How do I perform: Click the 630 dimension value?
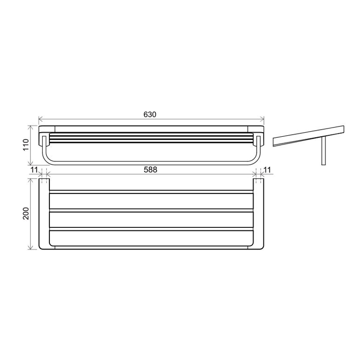[x=150, y=114]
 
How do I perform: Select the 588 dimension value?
[x=150, y=170]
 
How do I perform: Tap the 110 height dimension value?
[x=26, y=145]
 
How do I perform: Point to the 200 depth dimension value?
[x=26, y=213]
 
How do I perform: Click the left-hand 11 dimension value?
[x=34, y=170]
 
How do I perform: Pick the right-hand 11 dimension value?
[x=267, y=170]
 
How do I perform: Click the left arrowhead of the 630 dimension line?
[x=41, y=119]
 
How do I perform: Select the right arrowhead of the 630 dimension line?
[x=262, y=119]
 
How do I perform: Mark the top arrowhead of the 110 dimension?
[x=30, y=128]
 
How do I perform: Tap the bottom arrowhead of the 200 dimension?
[x=30, y=247]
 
